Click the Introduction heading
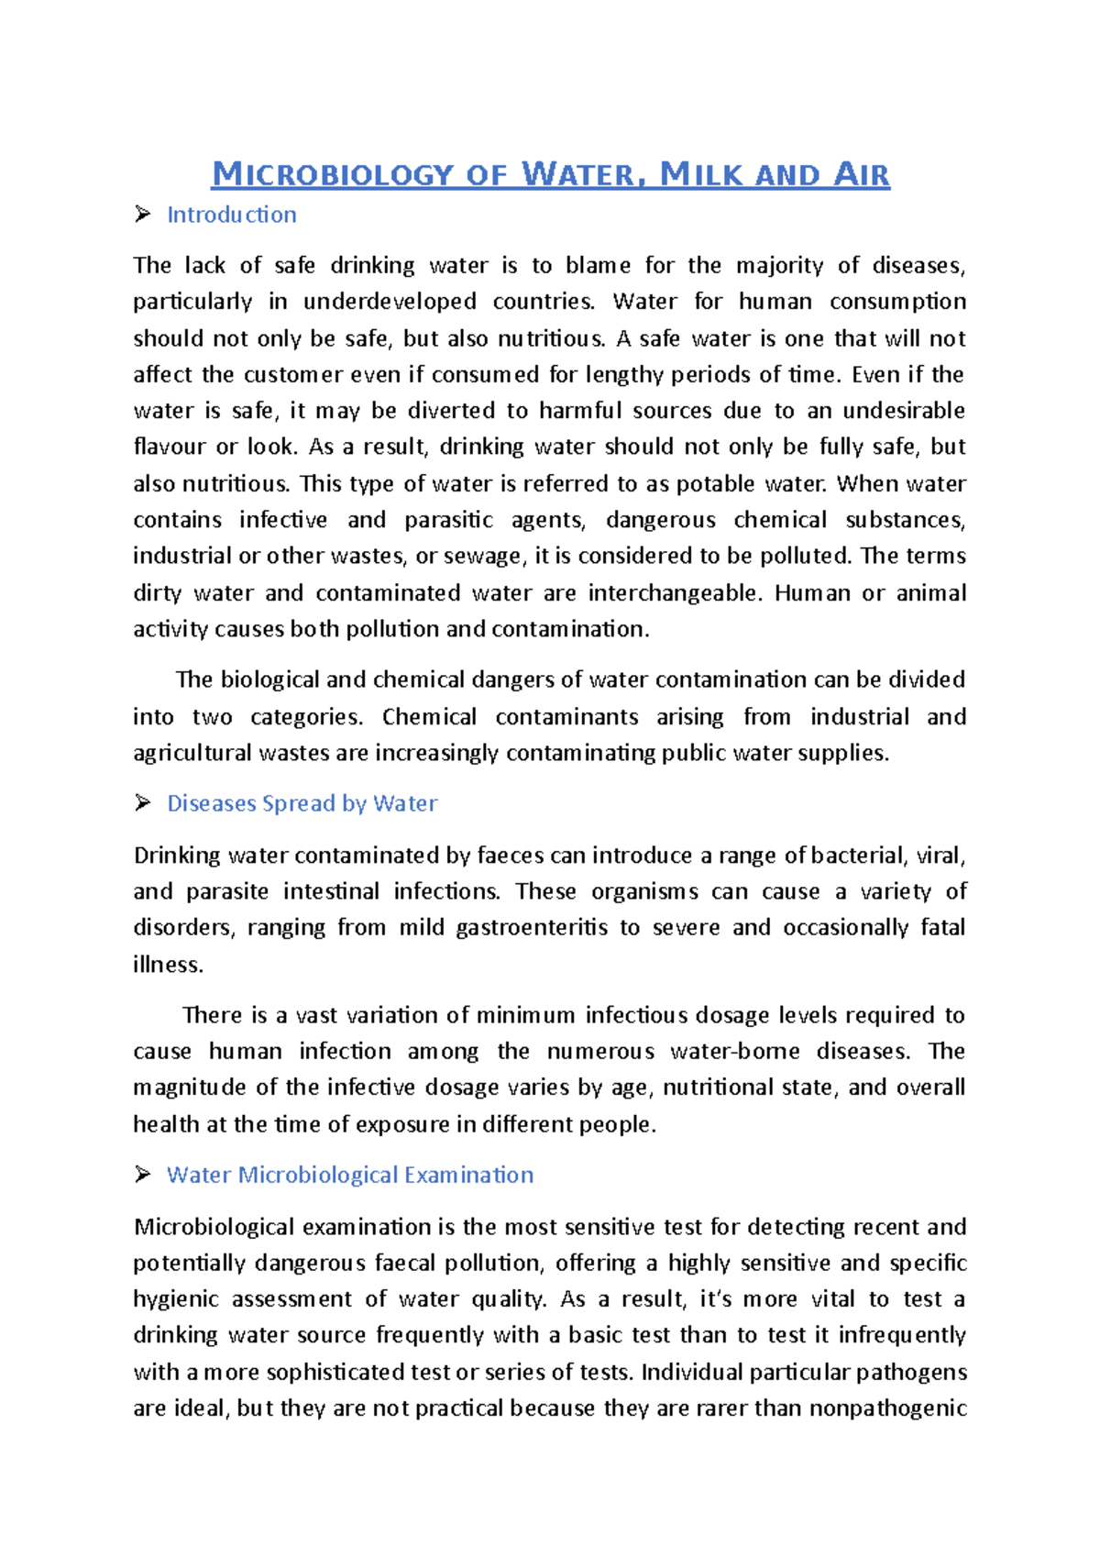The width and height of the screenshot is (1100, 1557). (231, 215)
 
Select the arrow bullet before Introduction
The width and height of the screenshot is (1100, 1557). (142, 214)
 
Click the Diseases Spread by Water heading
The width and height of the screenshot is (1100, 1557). (302, 803)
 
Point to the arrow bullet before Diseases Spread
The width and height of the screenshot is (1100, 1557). (142, 803)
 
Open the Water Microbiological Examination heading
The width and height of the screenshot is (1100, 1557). (349, 1175)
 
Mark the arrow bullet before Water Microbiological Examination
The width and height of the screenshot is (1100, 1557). (142, 1175)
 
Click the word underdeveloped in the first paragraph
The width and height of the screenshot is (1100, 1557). (390, 302)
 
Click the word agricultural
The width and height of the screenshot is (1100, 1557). (192, 753)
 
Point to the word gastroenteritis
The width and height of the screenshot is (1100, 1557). (531, 927)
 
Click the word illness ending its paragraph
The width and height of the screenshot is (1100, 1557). (166, 964)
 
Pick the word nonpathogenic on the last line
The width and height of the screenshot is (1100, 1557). (886, 1408)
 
